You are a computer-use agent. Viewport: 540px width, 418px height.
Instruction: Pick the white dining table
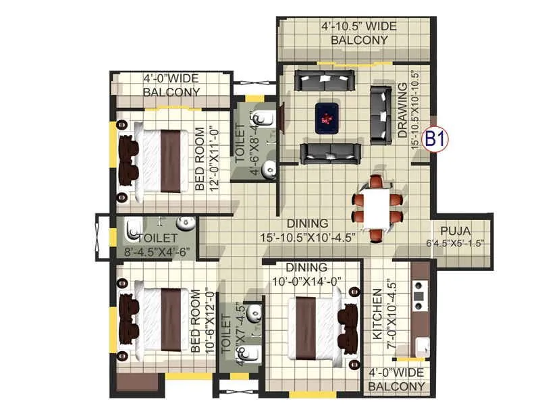point(377,207)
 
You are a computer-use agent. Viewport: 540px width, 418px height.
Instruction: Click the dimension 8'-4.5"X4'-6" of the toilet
point(157,252)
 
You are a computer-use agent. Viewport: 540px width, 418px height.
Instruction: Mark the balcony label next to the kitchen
point(397,380)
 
